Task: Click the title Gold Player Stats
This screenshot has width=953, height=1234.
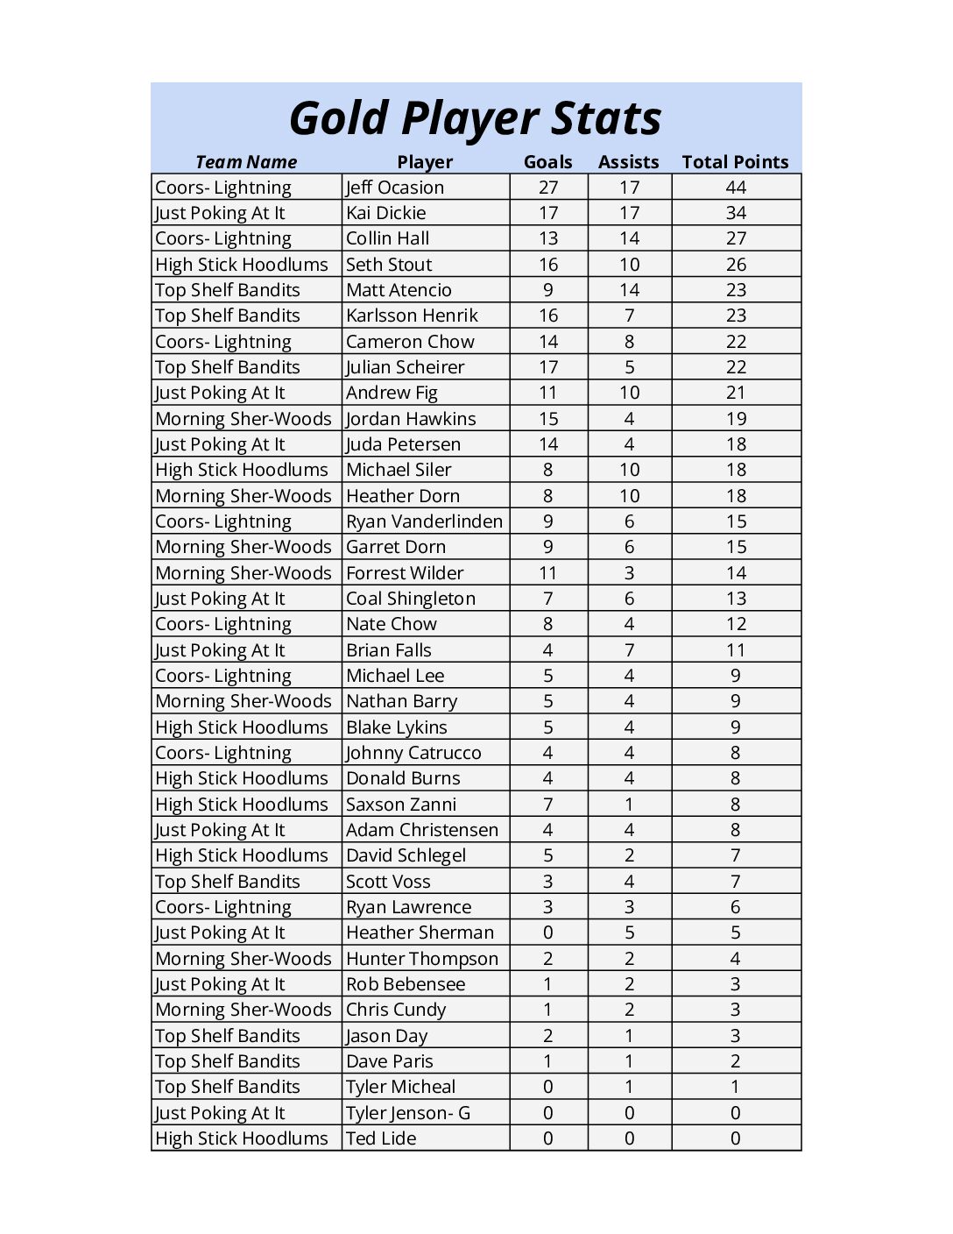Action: coord(475,119)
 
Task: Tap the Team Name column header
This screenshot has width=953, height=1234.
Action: coord(246,162)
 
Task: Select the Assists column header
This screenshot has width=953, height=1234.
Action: coord(628,162)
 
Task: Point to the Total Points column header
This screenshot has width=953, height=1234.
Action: coord(735,162)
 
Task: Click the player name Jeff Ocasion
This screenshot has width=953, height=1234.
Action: coord(395,188)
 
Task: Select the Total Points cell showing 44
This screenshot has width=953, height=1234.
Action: coord(736,188)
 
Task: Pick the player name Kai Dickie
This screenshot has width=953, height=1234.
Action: coord(386,213)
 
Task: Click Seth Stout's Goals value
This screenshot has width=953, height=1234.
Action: coord(548,265)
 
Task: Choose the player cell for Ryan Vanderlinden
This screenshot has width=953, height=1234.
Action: coord(424,521)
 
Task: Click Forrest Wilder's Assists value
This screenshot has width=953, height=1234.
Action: coord(629,573)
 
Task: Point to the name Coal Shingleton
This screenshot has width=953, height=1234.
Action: coord(411,599)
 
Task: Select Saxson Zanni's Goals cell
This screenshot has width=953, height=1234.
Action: coord(548,805)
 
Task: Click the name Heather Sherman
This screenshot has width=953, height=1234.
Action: coord(420,933)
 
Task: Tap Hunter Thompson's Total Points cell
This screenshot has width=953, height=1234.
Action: coord(736,959)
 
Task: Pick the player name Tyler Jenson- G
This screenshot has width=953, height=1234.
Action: coord(408,1113)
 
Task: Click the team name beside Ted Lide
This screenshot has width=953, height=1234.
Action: coord(242,1138)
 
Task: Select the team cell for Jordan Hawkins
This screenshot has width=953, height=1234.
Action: coord(244,419)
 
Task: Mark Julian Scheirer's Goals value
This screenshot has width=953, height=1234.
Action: coord(548,367)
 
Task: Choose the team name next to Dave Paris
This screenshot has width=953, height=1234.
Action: coord(228,1061)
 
